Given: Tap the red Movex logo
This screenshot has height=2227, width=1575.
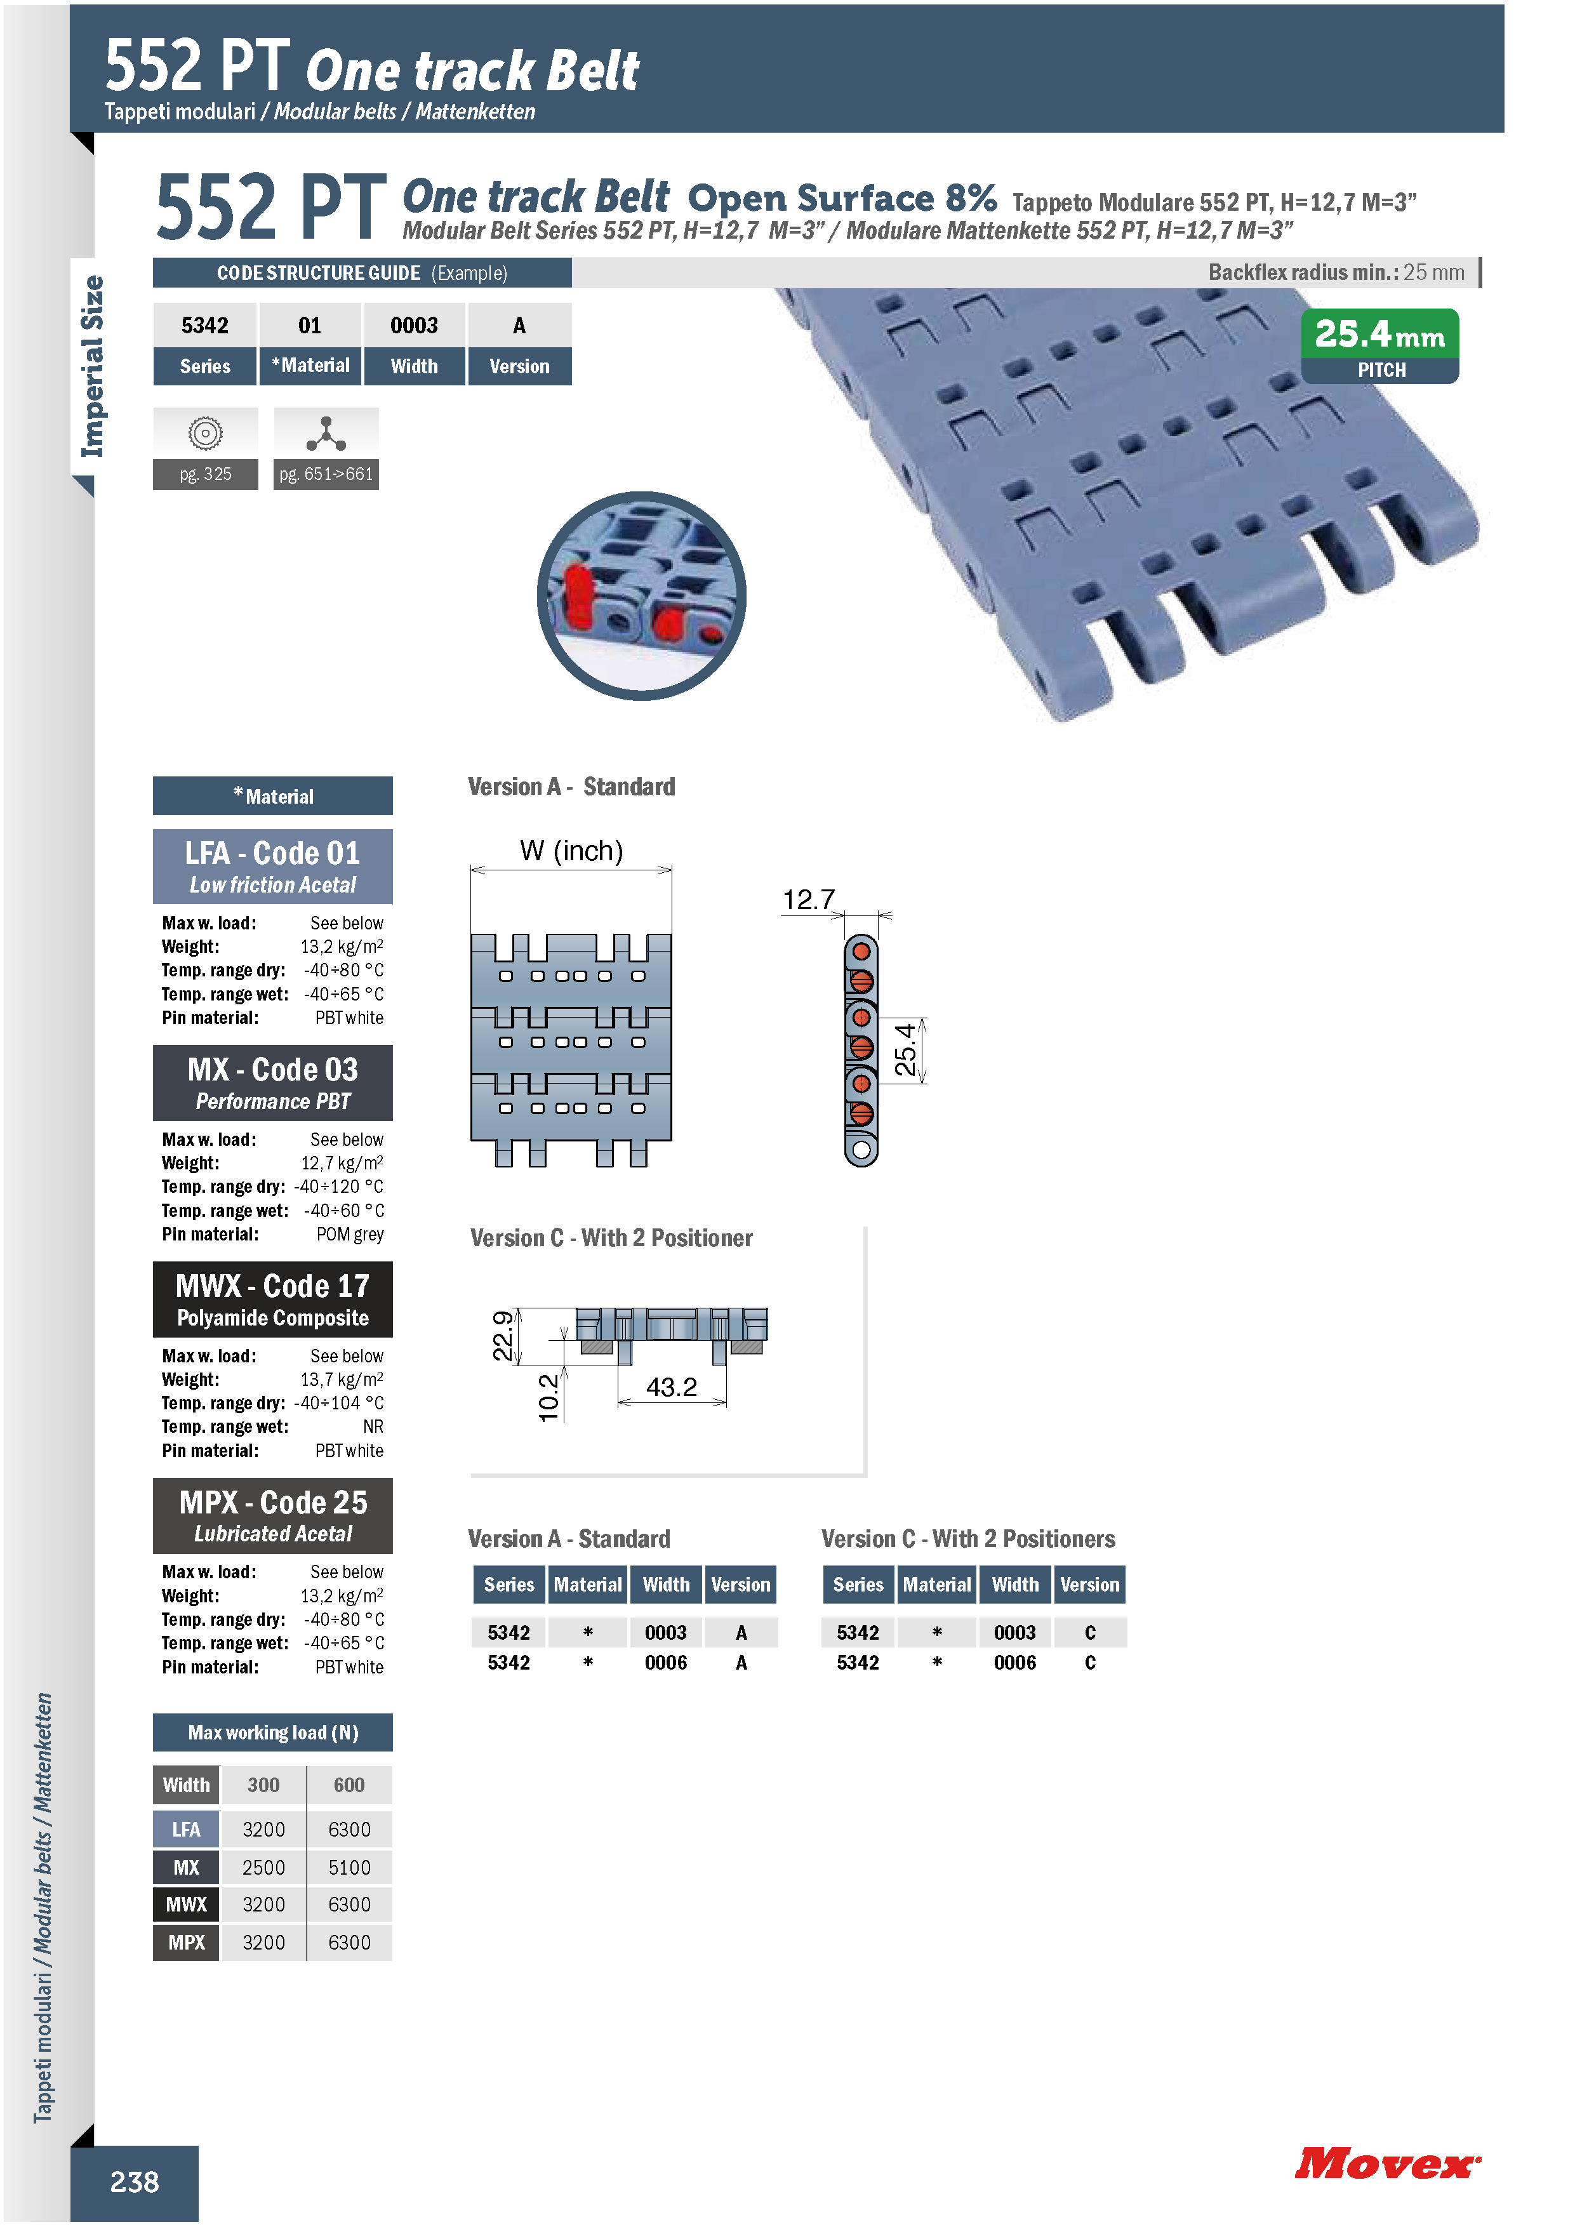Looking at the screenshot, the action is pyautogui.click(x=1387, y=2163).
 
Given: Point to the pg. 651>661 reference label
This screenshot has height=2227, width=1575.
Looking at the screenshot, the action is pyautogui.click(x=326, y=474).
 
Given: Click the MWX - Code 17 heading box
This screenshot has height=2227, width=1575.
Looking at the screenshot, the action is pyautogui.click(x=272, y=1299).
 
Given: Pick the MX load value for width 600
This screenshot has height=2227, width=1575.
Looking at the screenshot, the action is pyautogui.click(x=349, y=1867).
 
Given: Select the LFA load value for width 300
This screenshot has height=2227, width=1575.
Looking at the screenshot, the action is pyautogui.click(x=264, y=1830).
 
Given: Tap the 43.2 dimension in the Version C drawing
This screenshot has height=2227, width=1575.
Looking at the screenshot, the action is pyautogui.click(x=671, y=1387).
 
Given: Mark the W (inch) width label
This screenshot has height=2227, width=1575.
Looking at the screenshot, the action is pyautogui.click(x=571, y=851).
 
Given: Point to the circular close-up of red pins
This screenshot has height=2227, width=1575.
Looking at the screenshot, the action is pyautogui.click(x=641, y=595).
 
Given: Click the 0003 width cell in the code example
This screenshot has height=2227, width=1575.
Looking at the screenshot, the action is pyautogui.click(x=414, y=325).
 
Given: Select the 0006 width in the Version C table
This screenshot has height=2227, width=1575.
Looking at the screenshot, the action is pyautogui.click(x=1014, y=1663).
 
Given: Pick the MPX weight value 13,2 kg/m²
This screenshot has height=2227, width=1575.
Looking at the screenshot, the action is pyautogui.click(x=342, y=1595).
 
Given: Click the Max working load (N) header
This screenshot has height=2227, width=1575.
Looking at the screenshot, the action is pyautogui.click(x=272, y=1732).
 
